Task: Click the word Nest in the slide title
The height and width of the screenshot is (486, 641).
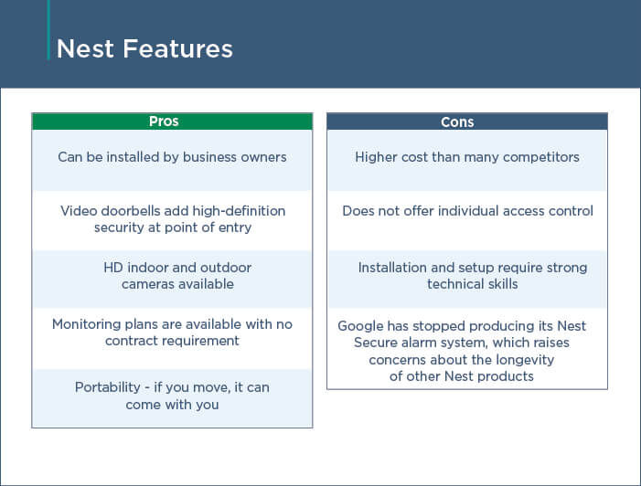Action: (85, 49)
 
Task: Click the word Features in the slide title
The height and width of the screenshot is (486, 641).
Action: (177, 49)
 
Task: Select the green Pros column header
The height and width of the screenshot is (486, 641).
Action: (172, 121)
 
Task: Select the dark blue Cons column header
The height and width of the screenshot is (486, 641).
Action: (467, 121)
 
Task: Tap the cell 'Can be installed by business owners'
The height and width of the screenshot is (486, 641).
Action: (172, 160)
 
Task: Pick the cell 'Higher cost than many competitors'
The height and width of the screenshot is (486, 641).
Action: (467, 160)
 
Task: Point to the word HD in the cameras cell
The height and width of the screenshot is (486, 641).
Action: (113, 268)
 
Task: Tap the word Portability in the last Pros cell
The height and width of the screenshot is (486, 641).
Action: (108, 387)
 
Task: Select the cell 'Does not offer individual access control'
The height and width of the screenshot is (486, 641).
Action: (467, 220)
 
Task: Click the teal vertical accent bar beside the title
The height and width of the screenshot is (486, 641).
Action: (48, 30)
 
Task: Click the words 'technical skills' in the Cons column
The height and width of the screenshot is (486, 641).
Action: (473, 284)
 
